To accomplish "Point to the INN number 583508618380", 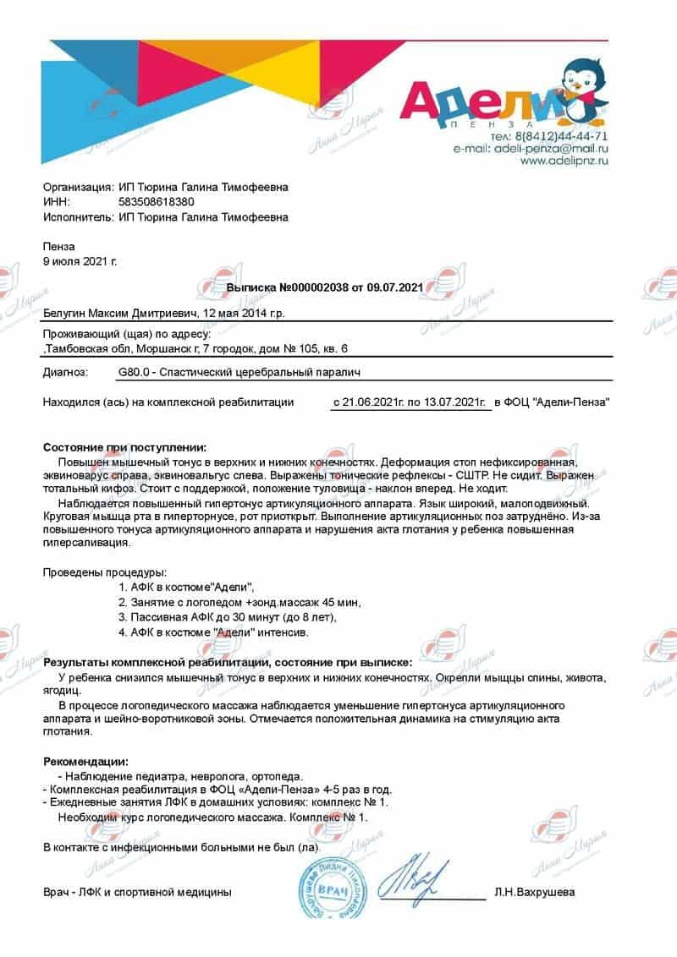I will [x=157, y=202].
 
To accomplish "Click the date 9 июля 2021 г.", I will [x=80, y=261].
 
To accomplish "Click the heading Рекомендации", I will [x=85, y=762].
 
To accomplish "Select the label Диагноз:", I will [x=65, y=372].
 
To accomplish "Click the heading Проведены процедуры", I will [x=105, y=572].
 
